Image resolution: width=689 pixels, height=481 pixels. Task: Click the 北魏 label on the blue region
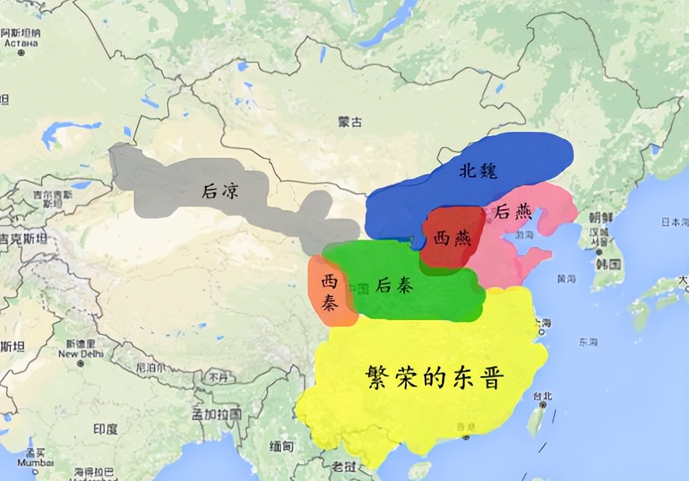[x=478, y=171]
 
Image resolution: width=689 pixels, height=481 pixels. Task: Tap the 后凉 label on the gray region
[x=220, y=190]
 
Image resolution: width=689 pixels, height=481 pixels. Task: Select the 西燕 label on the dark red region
[x=452, y=238]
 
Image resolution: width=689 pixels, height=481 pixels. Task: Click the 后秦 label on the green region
[x=395, y=285]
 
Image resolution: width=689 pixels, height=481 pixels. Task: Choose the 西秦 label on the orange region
[x=330, y=293]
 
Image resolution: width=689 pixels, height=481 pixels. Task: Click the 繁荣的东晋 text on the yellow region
[x=434, y=378]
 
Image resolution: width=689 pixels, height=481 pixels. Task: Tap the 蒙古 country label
[x=350, y=122]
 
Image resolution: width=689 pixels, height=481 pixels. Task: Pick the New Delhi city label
[x=81, y=354]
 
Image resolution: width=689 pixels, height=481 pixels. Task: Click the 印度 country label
[x=106, y=429]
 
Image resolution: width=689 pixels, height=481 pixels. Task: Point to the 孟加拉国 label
[x=217, y=413]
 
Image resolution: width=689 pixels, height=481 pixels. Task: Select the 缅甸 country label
[x=282, y=446]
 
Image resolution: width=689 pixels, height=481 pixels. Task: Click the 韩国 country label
[x=608, y=264]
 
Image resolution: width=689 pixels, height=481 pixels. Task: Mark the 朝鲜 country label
[x=601, y=217]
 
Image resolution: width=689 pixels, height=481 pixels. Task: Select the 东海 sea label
[x=588, y=342]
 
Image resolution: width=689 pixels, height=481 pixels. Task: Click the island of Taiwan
[x=536, y=420]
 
